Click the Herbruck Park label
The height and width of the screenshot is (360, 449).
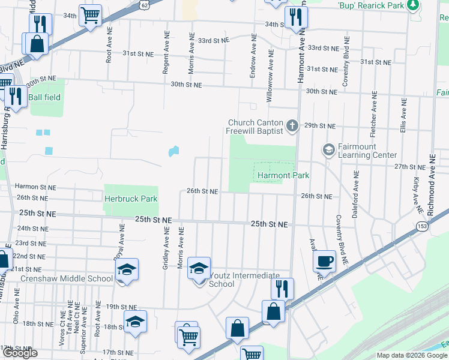130,199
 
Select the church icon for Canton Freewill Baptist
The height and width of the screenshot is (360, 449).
292,126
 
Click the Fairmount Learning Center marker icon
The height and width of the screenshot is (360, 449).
328,149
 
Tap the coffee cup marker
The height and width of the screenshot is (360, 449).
325,261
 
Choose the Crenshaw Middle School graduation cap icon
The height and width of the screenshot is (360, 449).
127,269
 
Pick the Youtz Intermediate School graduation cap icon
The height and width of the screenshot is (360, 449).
199,268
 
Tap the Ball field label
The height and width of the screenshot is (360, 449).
44,97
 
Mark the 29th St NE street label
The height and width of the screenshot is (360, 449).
318,126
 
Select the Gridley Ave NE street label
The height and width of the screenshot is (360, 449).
165,251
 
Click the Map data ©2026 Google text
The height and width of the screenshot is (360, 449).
412,355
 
